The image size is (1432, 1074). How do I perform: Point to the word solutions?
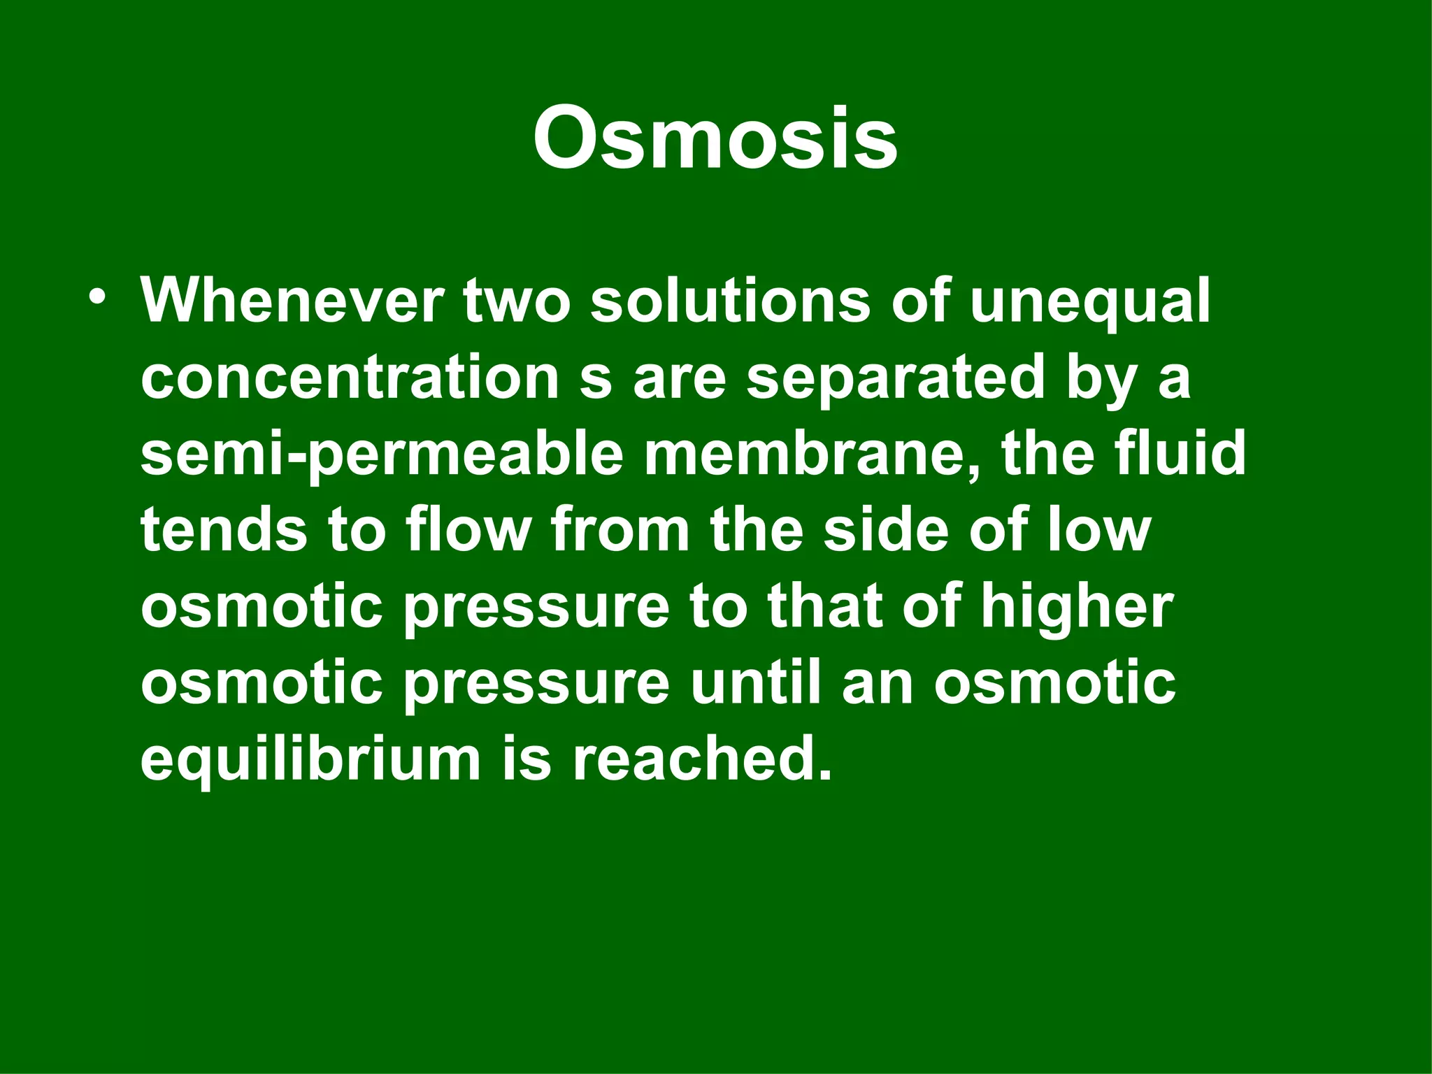point(731,301)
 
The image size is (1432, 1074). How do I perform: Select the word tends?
point(224,530)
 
